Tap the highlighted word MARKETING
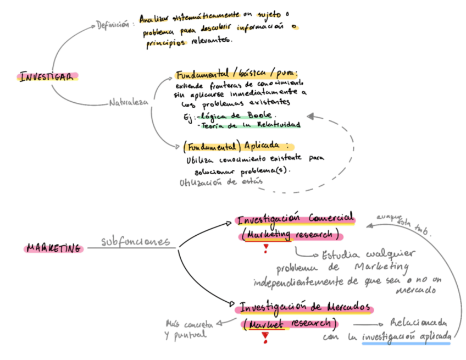pos(54,248)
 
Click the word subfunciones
pos(135,242)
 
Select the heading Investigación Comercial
pos(295,219)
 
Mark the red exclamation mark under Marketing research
pos(265,249)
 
